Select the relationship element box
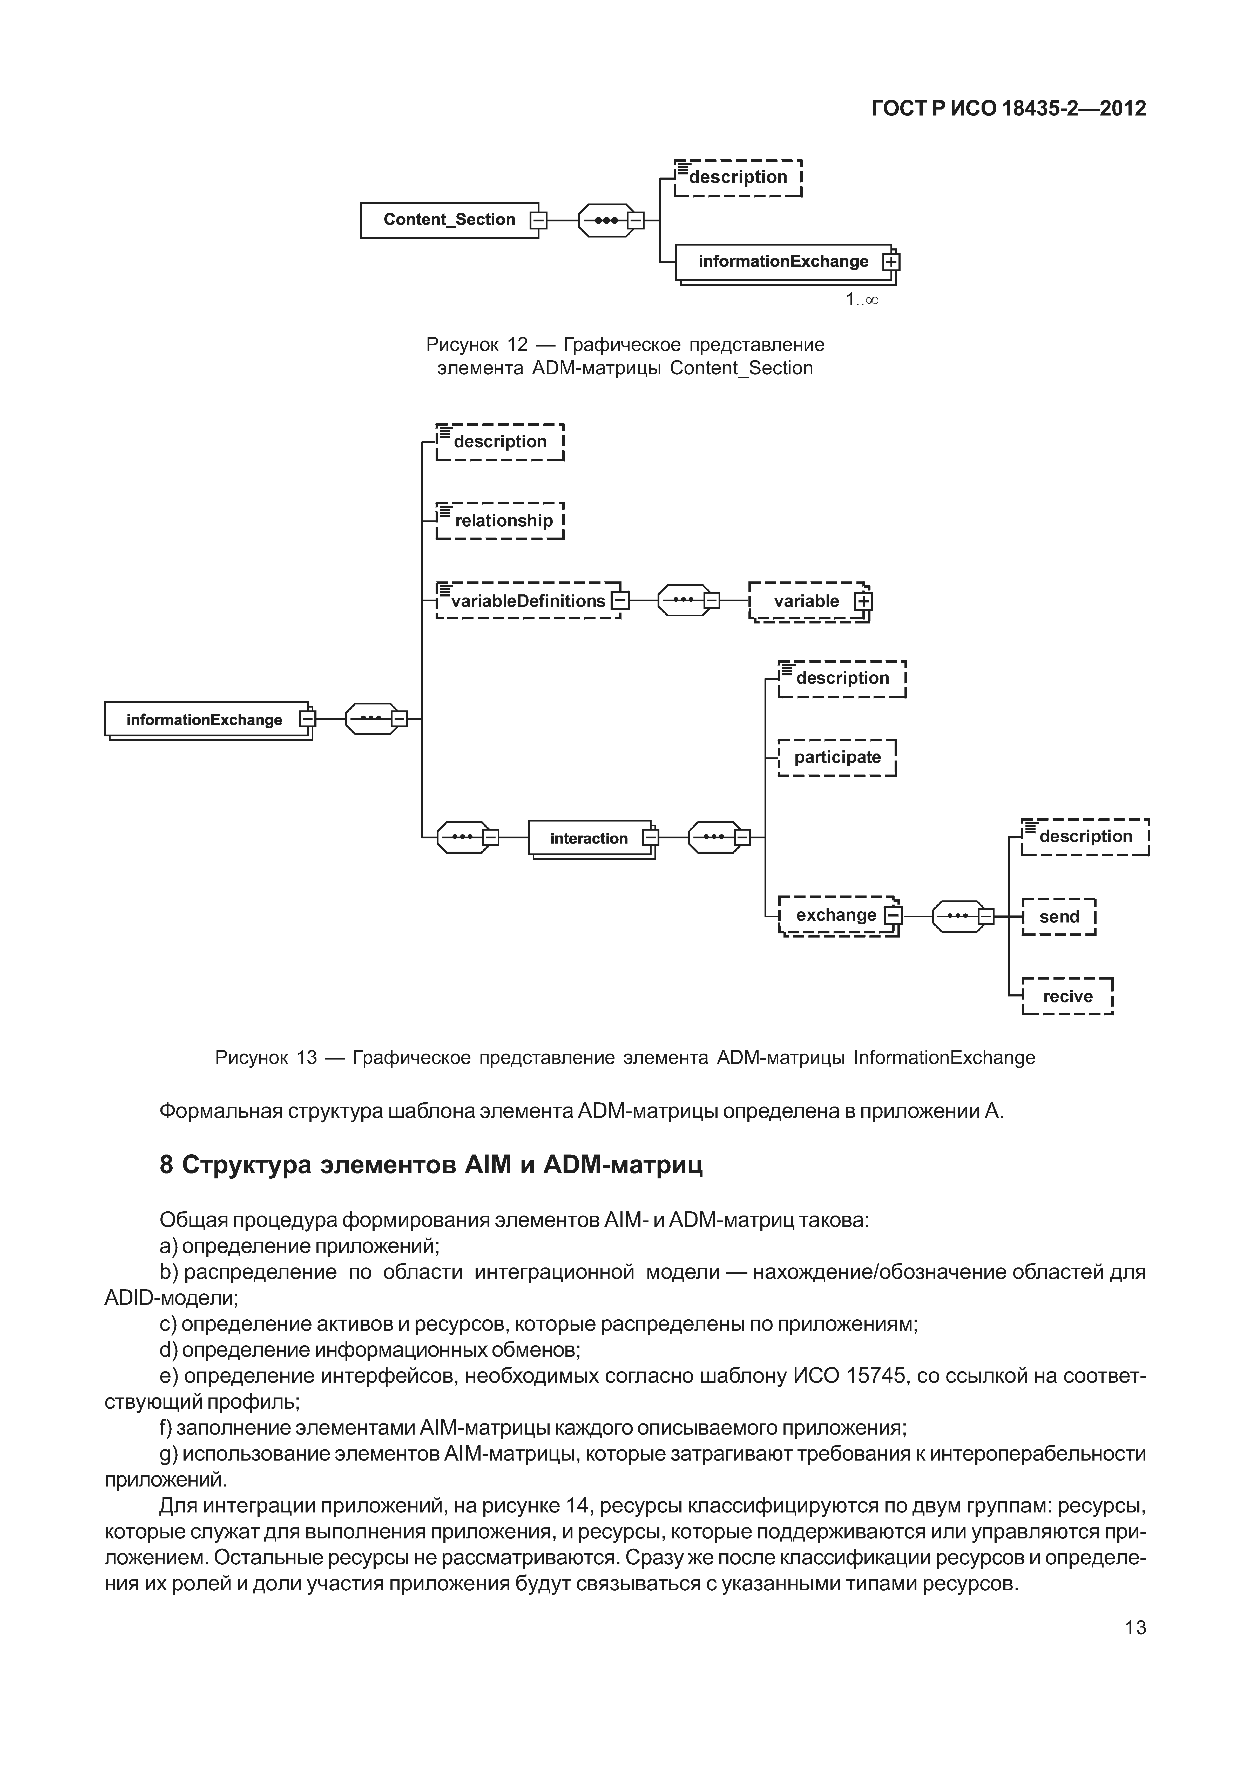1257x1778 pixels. tap(499, 520)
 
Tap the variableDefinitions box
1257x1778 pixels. tap(528, 601)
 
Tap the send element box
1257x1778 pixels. tap(1059, 917)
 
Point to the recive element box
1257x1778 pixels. tap(1067, 997)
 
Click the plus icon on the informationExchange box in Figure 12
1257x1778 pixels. tap(891, 262)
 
